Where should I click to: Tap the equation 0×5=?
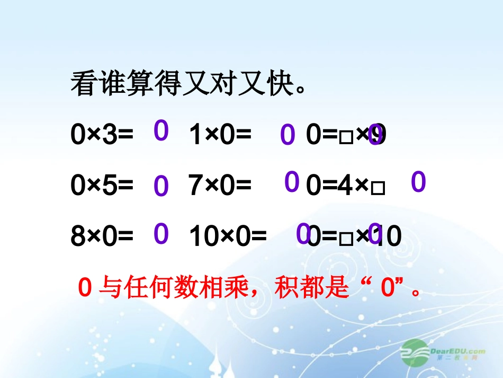click(102, 186)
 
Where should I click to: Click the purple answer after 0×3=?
click(161, 130)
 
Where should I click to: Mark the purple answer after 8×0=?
click(161, 234)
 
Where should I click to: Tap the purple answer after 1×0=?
click(287, 135)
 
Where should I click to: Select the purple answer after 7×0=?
click(292, 182)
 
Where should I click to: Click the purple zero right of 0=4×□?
click(418, 182)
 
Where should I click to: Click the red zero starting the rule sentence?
click(85, 288)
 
